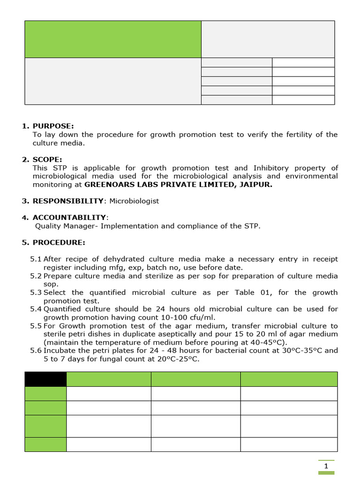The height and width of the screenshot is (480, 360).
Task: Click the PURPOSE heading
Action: (53, 126)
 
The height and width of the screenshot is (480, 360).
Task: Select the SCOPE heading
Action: (48, 159)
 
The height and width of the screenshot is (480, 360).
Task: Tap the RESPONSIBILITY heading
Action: (67, 201)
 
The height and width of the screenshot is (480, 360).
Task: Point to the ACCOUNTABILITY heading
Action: (69, 217)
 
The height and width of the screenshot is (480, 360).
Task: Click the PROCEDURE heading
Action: (59, 242)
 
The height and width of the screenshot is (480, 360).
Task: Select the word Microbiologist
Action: (134, 201)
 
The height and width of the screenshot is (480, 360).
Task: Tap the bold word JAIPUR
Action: (255, 184)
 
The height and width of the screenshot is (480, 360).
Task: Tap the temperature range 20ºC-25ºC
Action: (175, 359)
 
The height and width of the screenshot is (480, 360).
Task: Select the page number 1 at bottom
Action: (326, 466)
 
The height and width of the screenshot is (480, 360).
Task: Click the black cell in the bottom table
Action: (45, 379)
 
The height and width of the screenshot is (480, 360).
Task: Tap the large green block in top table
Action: (112, 39)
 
